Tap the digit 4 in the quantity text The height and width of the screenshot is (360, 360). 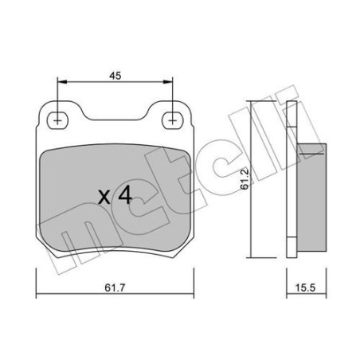(125, 197)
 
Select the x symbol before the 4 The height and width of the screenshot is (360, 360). (104, 198)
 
